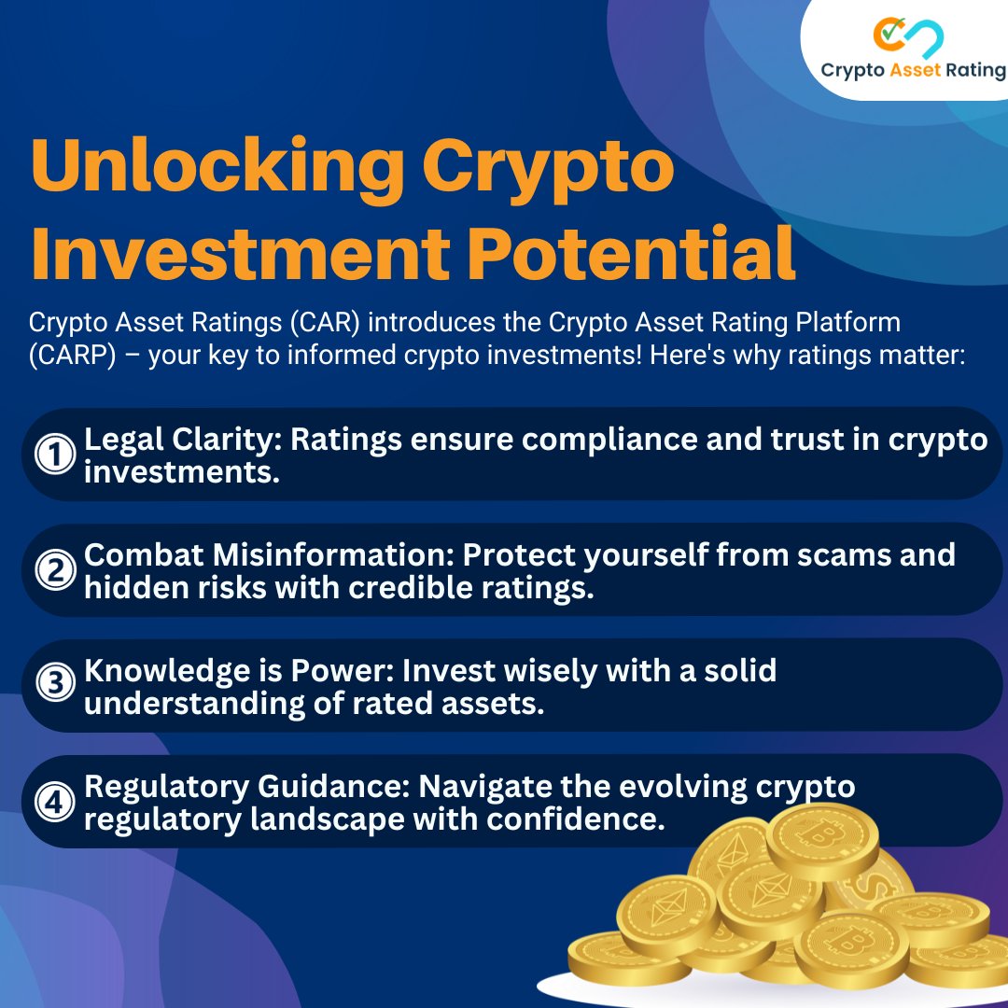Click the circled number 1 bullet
(53, 455)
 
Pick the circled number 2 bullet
(53, 570)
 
